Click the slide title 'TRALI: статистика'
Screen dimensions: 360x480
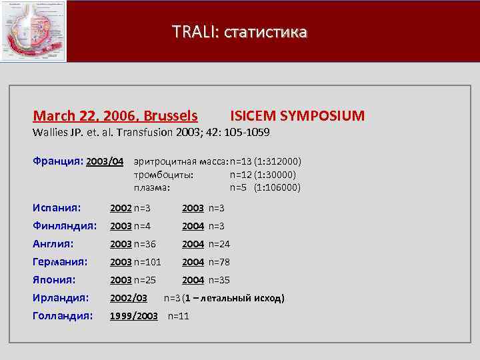(x=239, y=31)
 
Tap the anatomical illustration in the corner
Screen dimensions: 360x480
(x=33, y=31)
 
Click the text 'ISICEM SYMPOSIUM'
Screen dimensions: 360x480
(x=297, y=116)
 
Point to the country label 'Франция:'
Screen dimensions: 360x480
(x=59, y=161)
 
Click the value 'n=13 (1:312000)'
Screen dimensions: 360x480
(x=265, y=162)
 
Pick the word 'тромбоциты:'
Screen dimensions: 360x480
(x=164, y=175)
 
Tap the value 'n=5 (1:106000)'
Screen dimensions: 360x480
(x=265, y=187)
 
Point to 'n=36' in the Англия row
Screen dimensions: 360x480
(x=145, y=244)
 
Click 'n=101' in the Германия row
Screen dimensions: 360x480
(x=147, y=262)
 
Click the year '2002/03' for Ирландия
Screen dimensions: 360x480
(x=129, y=298)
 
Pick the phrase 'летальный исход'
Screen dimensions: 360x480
(x=248, y=298)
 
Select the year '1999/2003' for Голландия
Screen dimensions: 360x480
(x=134, y=316)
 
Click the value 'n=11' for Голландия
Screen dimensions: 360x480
(x=179, y=316)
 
